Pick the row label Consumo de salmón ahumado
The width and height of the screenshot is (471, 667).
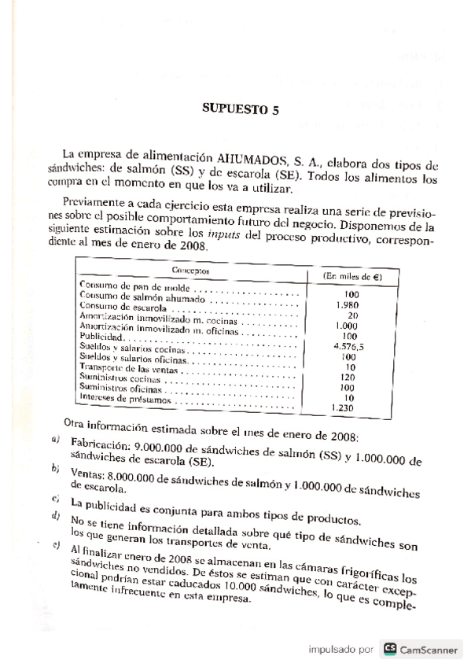(x=144, y=297)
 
